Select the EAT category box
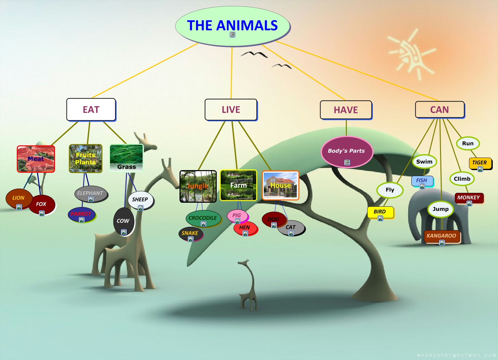tap(91, 109)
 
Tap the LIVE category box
tap(231, 109)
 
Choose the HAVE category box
tap(346, 110)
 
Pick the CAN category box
tap(439, 109)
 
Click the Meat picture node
tap(36, 159)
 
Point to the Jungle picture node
tap(198, 186)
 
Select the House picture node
tap(280, 185)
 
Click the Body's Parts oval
tap(346, 152)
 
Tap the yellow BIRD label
tap(380, 212)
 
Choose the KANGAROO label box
tap(441, 236)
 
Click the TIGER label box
tap(480, 163)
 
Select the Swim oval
tap(424, 162)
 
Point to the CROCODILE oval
tap(203, 218)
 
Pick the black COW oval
tap(124, 221)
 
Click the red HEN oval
tap(245, 228)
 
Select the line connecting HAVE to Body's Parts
tap(346, 128)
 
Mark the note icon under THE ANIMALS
tap(233, 35)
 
